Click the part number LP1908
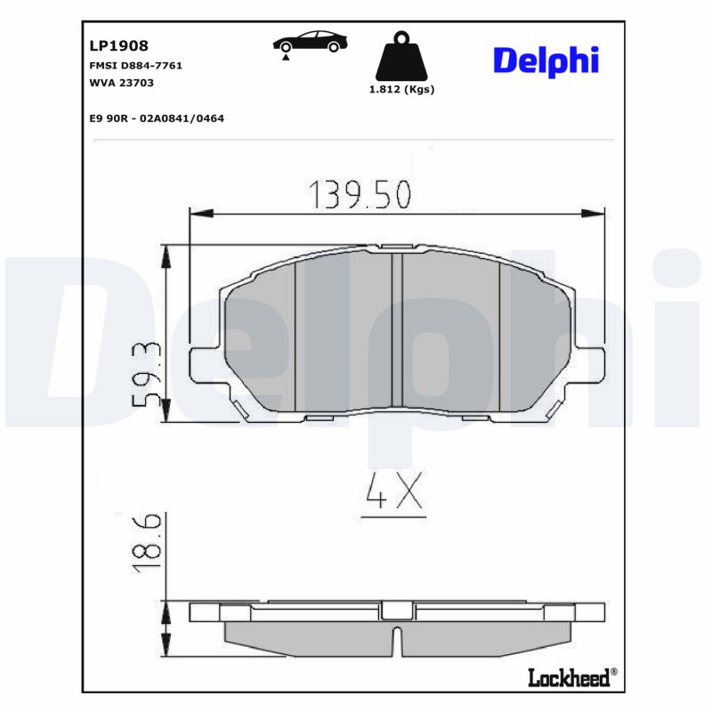coord(118,45)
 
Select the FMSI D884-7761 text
coord(136,66)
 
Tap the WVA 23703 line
coord(123,82)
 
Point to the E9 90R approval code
coord(156,117)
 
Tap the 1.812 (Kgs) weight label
coord(401,90)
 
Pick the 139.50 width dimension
coord(360,194)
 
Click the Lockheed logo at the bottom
coord(570,678)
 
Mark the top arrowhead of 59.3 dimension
coord(165,255)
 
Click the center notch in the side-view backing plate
coord(398,611)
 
